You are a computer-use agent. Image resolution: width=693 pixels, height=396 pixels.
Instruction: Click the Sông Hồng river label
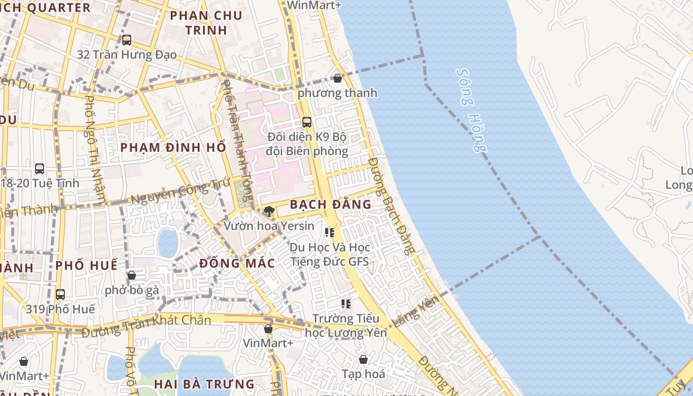click(x=471, y=110)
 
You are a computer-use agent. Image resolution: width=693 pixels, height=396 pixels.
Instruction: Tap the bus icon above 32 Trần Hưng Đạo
click(x=127, y=40)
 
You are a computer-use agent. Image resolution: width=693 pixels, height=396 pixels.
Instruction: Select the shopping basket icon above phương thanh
click(x=338, y=78)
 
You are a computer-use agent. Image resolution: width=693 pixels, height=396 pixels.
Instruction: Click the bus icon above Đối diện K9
click(x=307, y=122)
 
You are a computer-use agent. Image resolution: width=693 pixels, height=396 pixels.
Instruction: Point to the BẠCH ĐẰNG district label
click(x=330, y=204)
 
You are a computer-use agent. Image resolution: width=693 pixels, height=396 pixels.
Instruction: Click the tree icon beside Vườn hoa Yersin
click(x=269, y=212)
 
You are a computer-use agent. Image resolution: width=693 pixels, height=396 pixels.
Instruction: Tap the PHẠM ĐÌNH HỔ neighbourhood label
click(x=173, y=148)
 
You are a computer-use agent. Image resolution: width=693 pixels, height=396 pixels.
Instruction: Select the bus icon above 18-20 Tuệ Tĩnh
click(x=40, y=169)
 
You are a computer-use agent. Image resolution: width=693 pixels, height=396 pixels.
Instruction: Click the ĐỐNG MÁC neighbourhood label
click(x=237, y=263)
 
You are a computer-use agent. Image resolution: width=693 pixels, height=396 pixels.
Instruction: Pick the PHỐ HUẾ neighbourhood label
click(x=87, y=265)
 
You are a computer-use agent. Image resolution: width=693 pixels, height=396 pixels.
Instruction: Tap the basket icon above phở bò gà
click(x=132, y=275)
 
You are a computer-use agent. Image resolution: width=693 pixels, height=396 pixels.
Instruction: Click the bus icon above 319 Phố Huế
click(x=60, y=295)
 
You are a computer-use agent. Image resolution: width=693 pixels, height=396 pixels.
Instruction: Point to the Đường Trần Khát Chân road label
click(x=147, y=325)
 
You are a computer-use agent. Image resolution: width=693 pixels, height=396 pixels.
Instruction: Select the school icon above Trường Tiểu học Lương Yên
click(x=346, y=304)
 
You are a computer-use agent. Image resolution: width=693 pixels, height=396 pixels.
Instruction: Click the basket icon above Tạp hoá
click(x=363, y=359)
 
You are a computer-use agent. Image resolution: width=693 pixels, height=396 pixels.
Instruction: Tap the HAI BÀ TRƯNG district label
click(x=204, y=384)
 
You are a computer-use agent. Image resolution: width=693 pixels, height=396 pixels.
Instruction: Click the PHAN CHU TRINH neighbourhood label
click(x=206, y=23)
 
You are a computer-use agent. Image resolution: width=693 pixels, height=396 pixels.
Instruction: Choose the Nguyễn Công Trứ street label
click(x=181, y=193)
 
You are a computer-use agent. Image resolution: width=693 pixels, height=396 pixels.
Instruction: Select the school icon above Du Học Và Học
click(x=330, y=232)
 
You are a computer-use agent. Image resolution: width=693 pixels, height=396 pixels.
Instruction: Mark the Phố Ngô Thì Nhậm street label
click(x=96, y=149)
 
